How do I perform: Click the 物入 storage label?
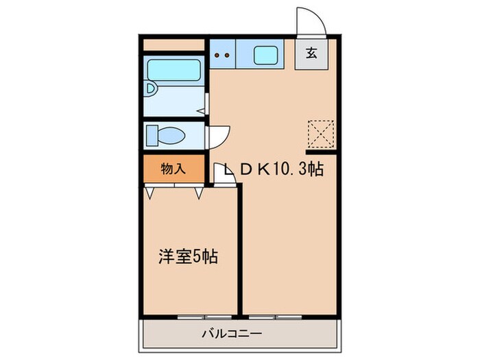173,169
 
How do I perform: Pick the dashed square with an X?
320,133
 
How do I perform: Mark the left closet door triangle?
150,193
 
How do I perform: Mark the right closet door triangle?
197,193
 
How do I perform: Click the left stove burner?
217,55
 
